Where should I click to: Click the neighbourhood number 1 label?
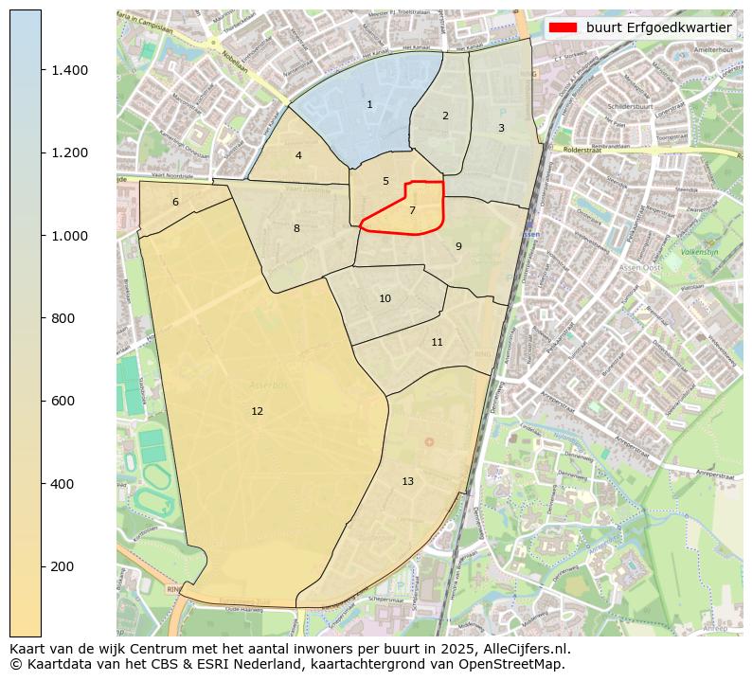point(369,104)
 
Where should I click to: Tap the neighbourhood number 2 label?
point(445,116)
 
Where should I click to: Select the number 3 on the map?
point(501,128)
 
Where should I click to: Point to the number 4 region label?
point(298,155)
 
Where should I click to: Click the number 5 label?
point(385,181)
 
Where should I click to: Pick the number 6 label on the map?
point(175,202)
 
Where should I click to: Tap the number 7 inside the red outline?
point(412,210)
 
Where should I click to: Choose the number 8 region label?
point(296,228)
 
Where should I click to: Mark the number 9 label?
point(458,246)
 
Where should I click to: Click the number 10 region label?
point(385,298)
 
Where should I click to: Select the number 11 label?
point(437,342)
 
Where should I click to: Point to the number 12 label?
point(257,411)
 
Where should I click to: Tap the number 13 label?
point(407,481)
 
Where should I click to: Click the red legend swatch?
point(564,27)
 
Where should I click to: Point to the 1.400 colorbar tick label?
point(69,70)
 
